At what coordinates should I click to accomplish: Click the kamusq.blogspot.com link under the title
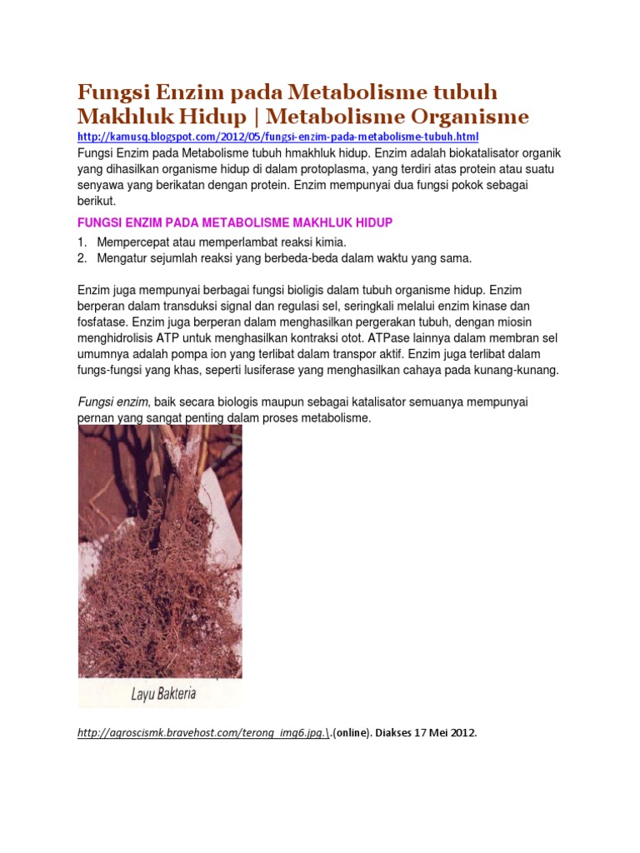tap(277, 137)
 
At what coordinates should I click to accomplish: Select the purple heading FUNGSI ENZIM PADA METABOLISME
tap(234, 222)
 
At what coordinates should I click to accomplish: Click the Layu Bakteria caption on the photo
tap(163, 693)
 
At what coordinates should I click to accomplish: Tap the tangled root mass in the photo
tap(158, 583)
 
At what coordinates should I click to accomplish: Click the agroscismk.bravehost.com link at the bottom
tap(207, 734)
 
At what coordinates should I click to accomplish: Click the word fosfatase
tap(103, 322)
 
